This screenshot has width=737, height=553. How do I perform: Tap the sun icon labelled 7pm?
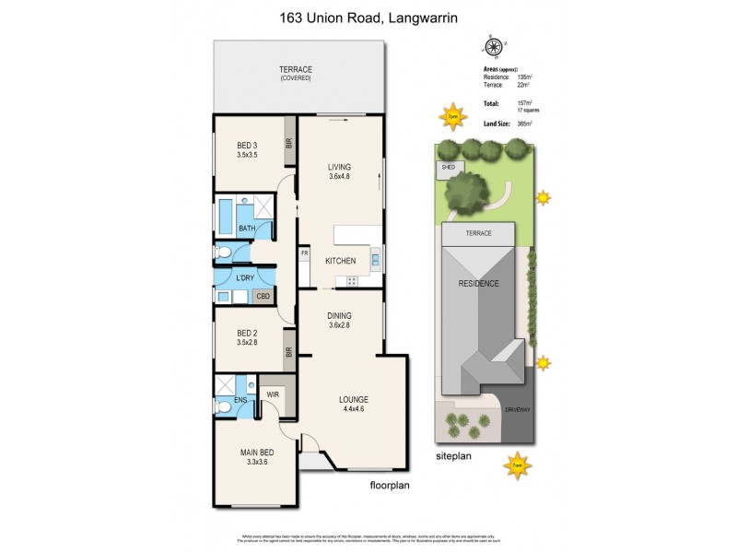tap(450, 117)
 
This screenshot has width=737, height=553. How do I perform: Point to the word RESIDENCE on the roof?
tap(479, 284)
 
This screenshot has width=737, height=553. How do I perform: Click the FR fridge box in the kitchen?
tap(303, 252)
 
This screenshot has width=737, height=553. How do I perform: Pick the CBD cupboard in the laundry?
tap(263, 296)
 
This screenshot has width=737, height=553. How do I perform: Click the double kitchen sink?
tap(376, 259)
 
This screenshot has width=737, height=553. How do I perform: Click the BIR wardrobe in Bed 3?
tap(288, 143)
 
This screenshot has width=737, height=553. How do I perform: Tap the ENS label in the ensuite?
tap(240, 399)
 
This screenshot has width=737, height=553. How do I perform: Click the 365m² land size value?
tap(525, 124)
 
